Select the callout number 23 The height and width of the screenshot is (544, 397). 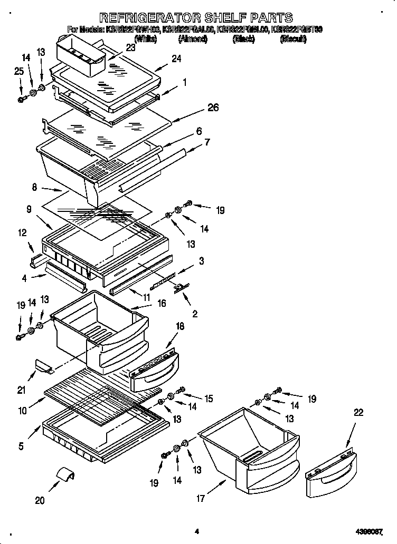click(x=130, y=47)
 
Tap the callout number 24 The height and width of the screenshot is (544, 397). click(x=176, y=59)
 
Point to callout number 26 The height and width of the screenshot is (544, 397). click(x=213, y=108)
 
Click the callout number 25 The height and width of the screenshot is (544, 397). click(x=19, y=71)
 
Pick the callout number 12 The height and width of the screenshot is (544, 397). click(x=22, y=232)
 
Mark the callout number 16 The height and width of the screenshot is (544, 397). click(x=162, y=303)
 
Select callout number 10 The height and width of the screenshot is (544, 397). click(x=22, y=410)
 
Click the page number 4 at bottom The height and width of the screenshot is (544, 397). click(x=196, y=532)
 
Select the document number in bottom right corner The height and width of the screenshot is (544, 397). click(x=374, y=532)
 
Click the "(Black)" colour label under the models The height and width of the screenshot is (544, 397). click(x=243, y=39)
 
